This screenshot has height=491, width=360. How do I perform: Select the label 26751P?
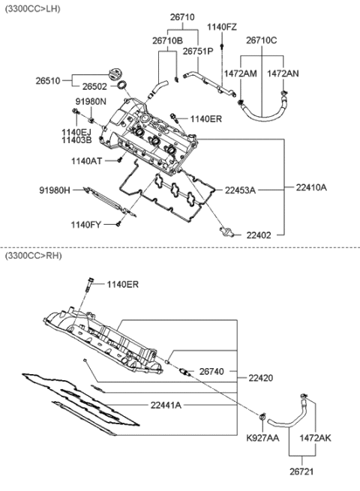coord(198,51)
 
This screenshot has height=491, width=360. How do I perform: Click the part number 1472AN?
coord(283,73)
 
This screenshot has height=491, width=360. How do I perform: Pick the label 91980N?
coord(91,100)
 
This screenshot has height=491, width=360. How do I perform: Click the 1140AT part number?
coord(87,160)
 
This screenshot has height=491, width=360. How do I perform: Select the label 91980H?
coord(55,190)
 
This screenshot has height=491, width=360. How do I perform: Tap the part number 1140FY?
coord(87,224)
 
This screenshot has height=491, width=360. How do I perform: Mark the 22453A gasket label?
coord(240,190)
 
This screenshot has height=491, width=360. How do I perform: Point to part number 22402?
coord(250,235)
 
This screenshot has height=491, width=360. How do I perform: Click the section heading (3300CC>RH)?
coord(34,256)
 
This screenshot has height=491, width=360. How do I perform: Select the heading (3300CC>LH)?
coord(34,7)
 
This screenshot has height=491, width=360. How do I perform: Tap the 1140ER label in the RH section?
coord(122,284)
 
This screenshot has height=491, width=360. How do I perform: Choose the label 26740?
coord(213,371)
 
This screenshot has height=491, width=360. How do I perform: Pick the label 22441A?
coord(166,405)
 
